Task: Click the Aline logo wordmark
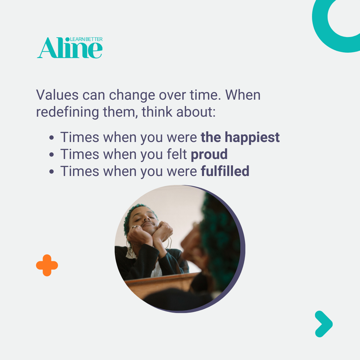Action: [70, 48]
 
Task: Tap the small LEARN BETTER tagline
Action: [86, 39]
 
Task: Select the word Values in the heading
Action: [57, 95]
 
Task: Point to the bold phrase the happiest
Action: [240, 137]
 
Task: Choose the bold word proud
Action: [209, 154]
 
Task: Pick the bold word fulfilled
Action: [225, 171]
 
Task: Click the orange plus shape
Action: [47, 265]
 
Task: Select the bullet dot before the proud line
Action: [51, 155]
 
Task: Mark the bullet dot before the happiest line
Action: [51, 138]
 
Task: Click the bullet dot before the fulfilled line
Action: [51, 172]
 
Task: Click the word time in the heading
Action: [204, 95]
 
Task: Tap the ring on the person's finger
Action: [135, 227]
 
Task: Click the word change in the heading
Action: [132, 95]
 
